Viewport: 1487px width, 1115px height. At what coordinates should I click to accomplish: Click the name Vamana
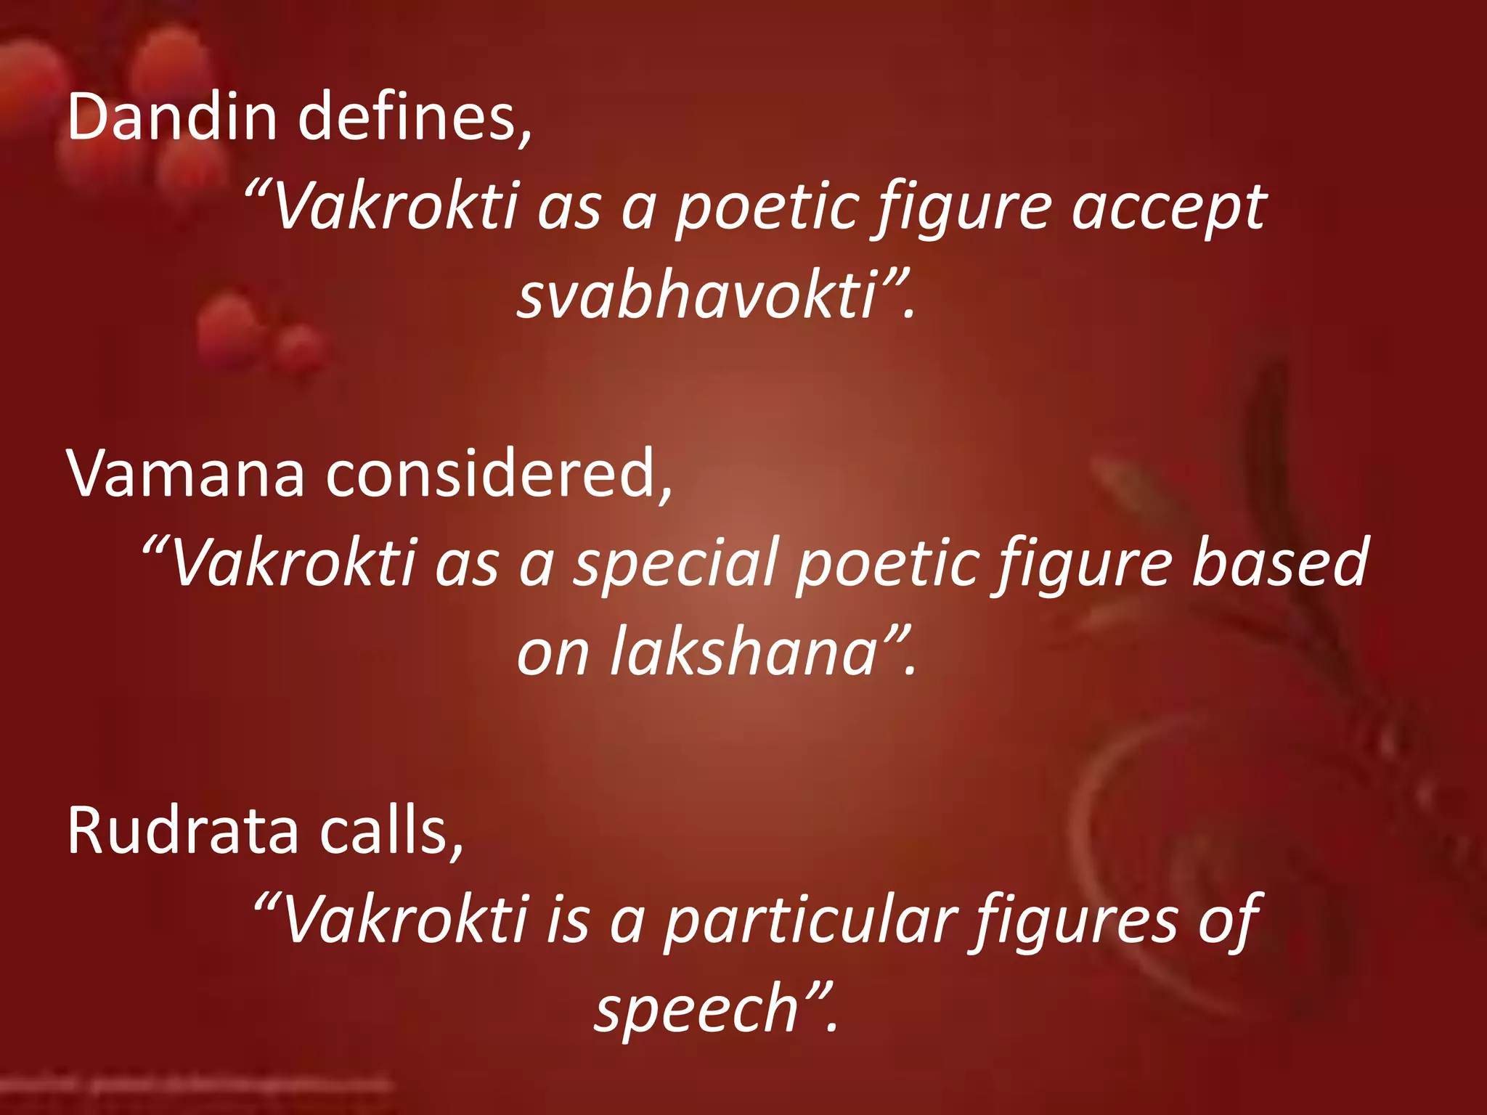click(185, 473)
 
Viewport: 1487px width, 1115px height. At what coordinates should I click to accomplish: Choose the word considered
click(498, 473)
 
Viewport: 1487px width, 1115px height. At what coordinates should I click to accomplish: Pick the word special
click(675, 564)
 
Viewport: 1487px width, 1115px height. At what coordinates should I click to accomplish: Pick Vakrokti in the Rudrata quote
click(403, 920)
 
